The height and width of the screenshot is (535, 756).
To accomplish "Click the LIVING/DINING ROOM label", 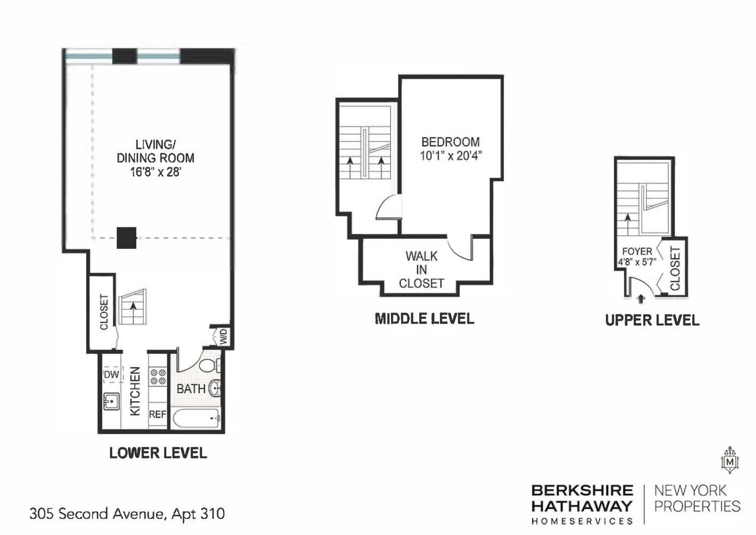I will point(155,151).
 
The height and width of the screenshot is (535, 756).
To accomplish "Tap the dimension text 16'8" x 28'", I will point(155,172).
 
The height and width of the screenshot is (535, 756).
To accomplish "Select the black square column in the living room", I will point(127,238).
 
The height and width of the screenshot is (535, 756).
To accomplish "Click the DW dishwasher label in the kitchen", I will point(111,374).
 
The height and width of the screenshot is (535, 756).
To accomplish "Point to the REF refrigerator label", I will point(157,414).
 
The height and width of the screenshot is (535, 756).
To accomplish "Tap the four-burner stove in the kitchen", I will point(158,377).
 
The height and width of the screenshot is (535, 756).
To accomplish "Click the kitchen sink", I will point(111,401).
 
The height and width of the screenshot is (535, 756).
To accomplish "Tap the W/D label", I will point(223,337).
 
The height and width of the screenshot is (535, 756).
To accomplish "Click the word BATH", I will point(191,389).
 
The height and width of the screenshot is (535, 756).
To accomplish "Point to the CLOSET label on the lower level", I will point(104,312).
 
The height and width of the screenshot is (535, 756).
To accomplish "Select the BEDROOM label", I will point(450,142).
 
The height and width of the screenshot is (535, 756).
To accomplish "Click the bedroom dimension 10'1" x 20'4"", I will point(450,156).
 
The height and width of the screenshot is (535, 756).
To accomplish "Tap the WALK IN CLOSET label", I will point(421,270).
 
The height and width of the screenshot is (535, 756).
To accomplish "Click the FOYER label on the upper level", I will point(637,251).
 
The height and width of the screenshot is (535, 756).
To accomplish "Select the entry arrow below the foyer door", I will point(641,299).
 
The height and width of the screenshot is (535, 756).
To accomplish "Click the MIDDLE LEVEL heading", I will point(425,319).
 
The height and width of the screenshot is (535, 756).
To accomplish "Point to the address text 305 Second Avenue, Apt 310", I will point(127,514).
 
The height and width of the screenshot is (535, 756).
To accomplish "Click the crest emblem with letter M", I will point(729,461).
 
